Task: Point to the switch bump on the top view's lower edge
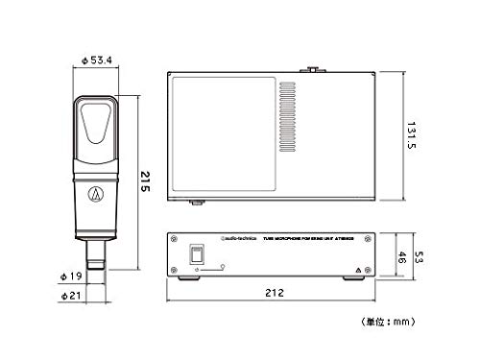click(197, 203)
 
